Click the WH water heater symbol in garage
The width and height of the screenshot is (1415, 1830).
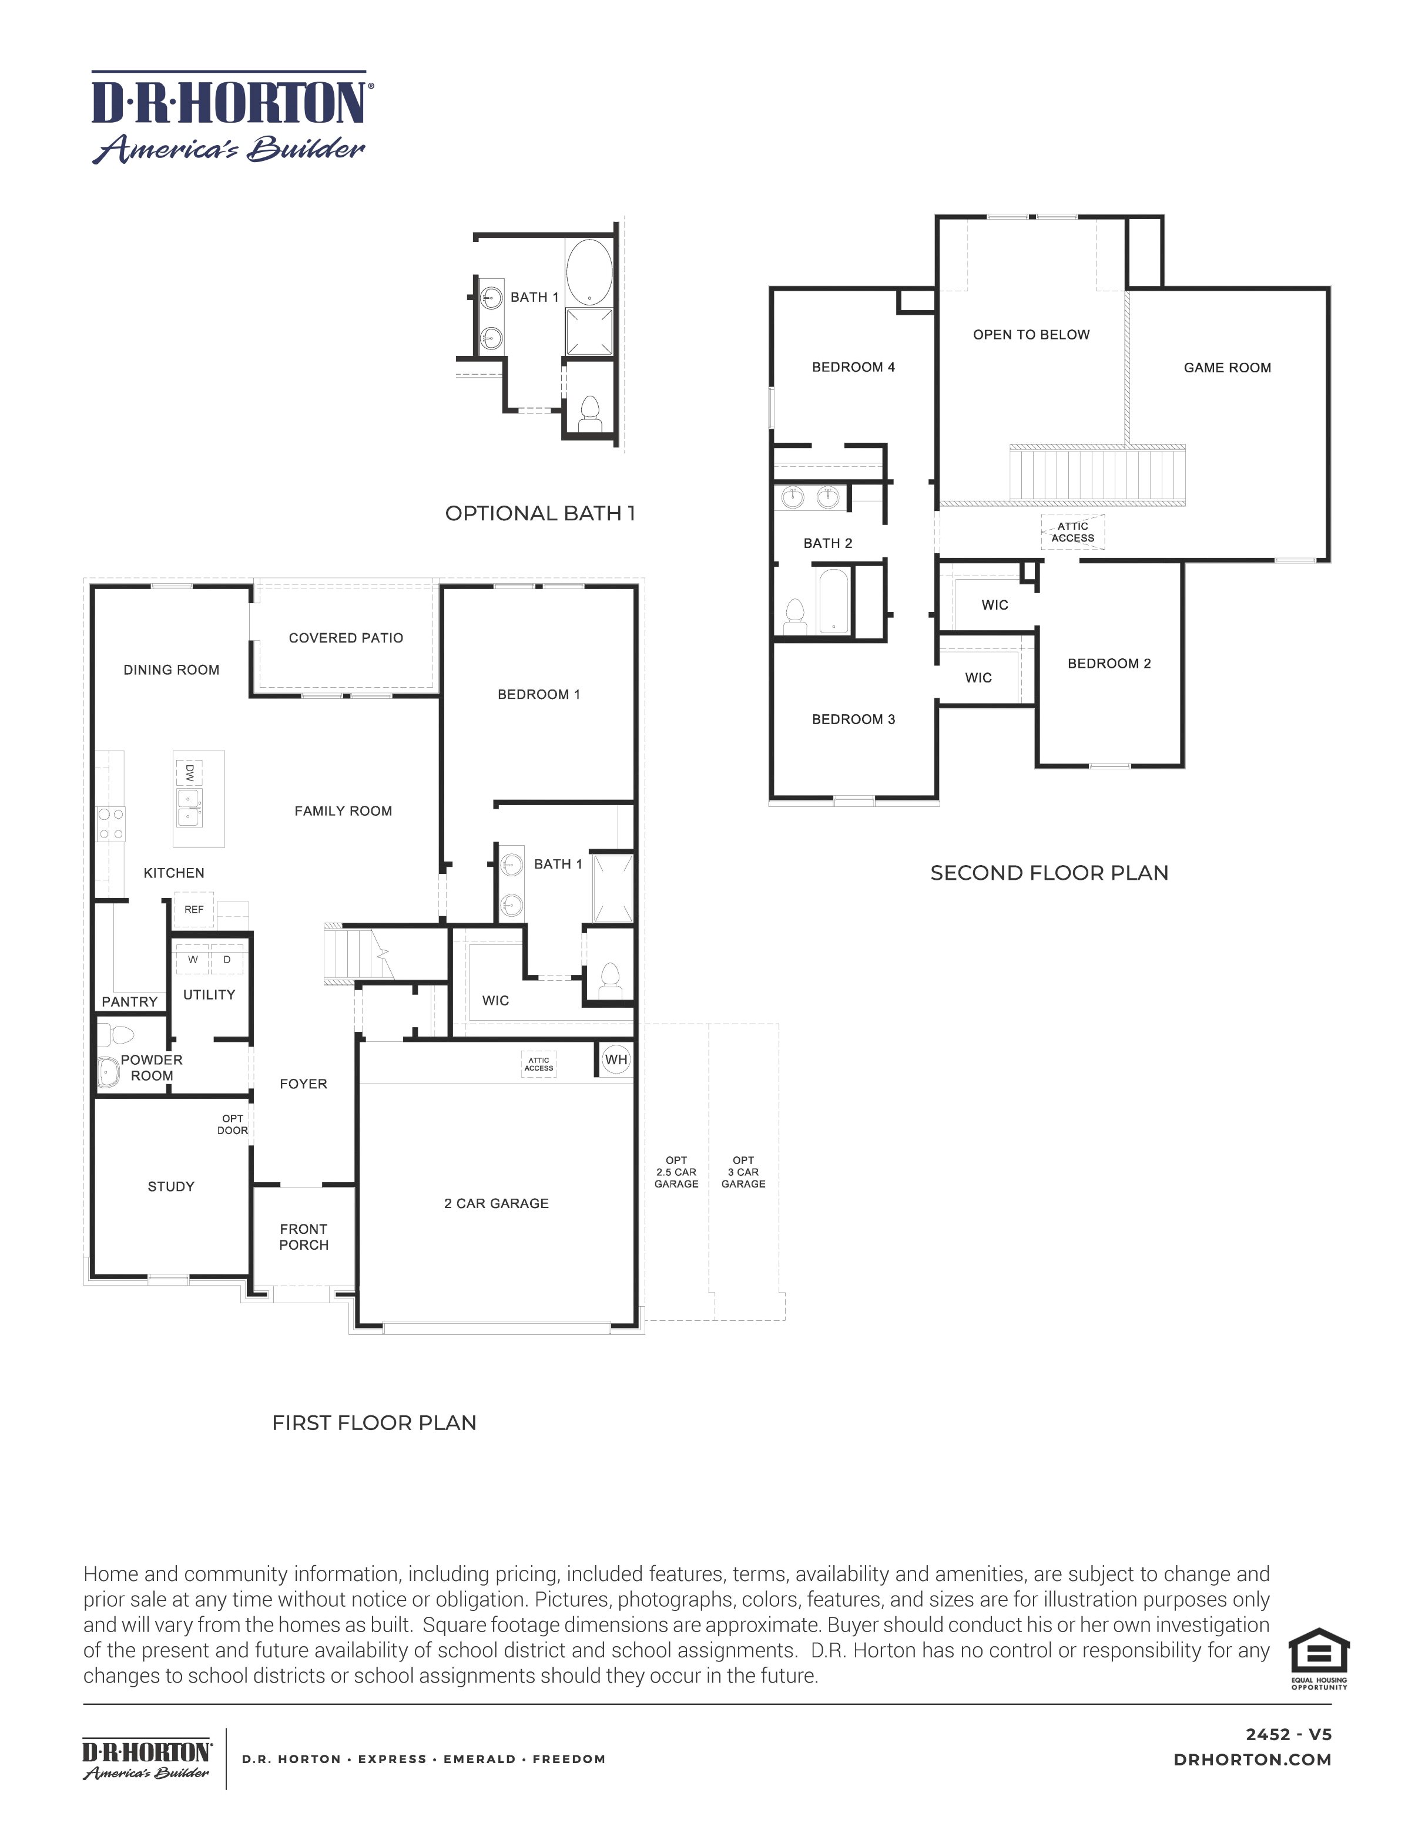click(x=616, y=1059)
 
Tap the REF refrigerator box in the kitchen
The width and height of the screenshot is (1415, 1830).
click(x=194, y=909)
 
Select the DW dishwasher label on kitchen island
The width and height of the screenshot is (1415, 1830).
click(x=189, y=771)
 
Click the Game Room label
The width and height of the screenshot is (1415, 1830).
click(x=1227, y=368)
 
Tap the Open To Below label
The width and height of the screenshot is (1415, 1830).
click(x=1031, y=334)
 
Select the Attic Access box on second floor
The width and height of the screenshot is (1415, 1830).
click(x=1073, y=532)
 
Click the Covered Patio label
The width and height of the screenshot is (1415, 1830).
click(x=346, y=638)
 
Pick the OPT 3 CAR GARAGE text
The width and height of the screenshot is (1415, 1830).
click(x=743, y=1172)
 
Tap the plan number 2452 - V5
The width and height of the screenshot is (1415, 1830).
click(x=1287, y=1734)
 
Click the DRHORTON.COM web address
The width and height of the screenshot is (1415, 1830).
click(x=1252, y=1760)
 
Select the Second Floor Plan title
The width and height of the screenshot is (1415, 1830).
click(x=1049, y=873)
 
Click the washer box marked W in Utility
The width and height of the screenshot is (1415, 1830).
click(x=193, y=960)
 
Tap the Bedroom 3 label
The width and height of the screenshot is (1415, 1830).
click(x=853, y=719)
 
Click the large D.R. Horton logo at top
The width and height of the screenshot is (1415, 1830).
click(x=230, y=117)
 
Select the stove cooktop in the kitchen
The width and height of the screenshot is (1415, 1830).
click(x=110, y=823)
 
